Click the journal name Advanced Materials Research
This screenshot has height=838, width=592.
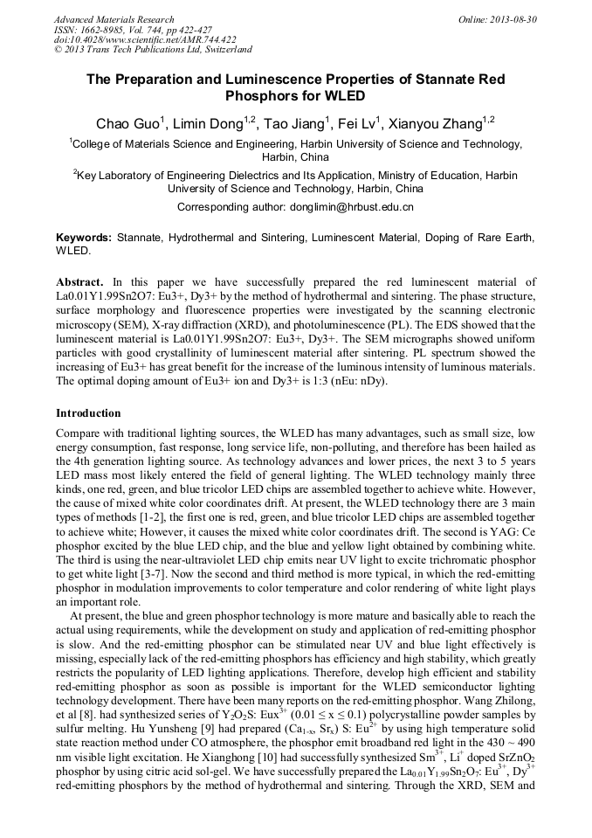click(114, 19)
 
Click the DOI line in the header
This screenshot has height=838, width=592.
click(145, 40)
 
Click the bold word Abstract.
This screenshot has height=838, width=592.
click(80, 282)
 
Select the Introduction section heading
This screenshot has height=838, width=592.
click(88, 413)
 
